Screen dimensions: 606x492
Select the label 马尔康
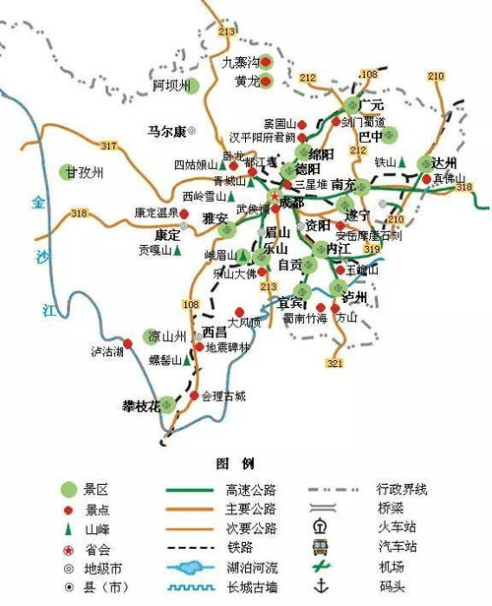point(166,129)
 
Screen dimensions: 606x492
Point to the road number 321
point(335,363)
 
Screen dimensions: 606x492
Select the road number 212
point(309,78)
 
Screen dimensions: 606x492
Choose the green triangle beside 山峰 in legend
point(68,528)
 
